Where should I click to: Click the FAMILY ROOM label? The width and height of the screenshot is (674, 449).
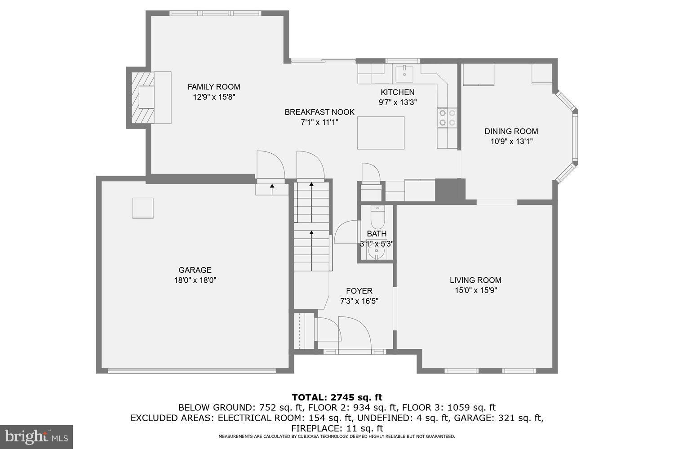[214, 87]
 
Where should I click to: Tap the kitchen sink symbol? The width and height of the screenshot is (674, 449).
[404, 72]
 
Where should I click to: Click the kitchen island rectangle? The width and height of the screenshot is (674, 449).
[381, 133]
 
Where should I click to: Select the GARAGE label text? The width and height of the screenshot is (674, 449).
[195, 270]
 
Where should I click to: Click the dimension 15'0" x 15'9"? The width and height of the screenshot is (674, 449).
[475, 290]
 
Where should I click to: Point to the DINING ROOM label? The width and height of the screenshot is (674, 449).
[511, 131]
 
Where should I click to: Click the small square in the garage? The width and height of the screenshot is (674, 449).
[143, 208]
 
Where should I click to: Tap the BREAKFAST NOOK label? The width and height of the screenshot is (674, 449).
[319, 112]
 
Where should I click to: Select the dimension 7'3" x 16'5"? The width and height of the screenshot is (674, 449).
[359, 301]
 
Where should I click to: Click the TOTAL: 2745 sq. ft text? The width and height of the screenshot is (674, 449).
[337, 397]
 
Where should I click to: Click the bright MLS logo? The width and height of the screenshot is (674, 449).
[36, 437]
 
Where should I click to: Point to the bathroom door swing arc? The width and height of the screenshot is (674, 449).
[345, 231]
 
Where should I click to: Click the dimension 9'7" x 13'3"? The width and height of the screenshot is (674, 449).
[398, 102]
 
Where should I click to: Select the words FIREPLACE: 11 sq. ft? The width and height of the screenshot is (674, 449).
[337, 428]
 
